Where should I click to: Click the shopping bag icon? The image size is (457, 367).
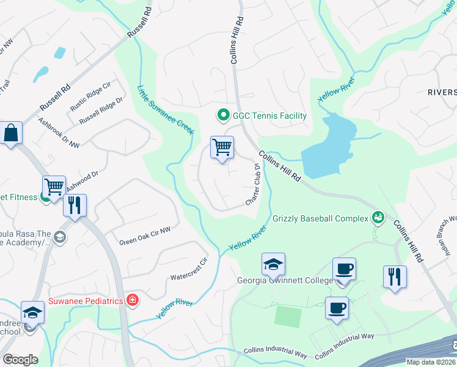tap(12, 133)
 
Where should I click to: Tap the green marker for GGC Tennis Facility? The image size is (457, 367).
tap(224, 115)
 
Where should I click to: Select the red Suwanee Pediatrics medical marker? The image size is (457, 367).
tap(132, 300)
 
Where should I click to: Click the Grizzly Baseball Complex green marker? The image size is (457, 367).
tap(378, 218)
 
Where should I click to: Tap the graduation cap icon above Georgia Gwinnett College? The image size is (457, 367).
tap(273, 264)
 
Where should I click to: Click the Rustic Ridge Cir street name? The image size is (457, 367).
tap(90, 96)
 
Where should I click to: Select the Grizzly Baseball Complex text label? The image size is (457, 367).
tap(319, 218)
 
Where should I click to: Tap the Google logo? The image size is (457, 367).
tap(20, 360)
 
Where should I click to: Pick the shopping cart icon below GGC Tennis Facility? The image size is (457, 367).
tap(222, 147)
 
